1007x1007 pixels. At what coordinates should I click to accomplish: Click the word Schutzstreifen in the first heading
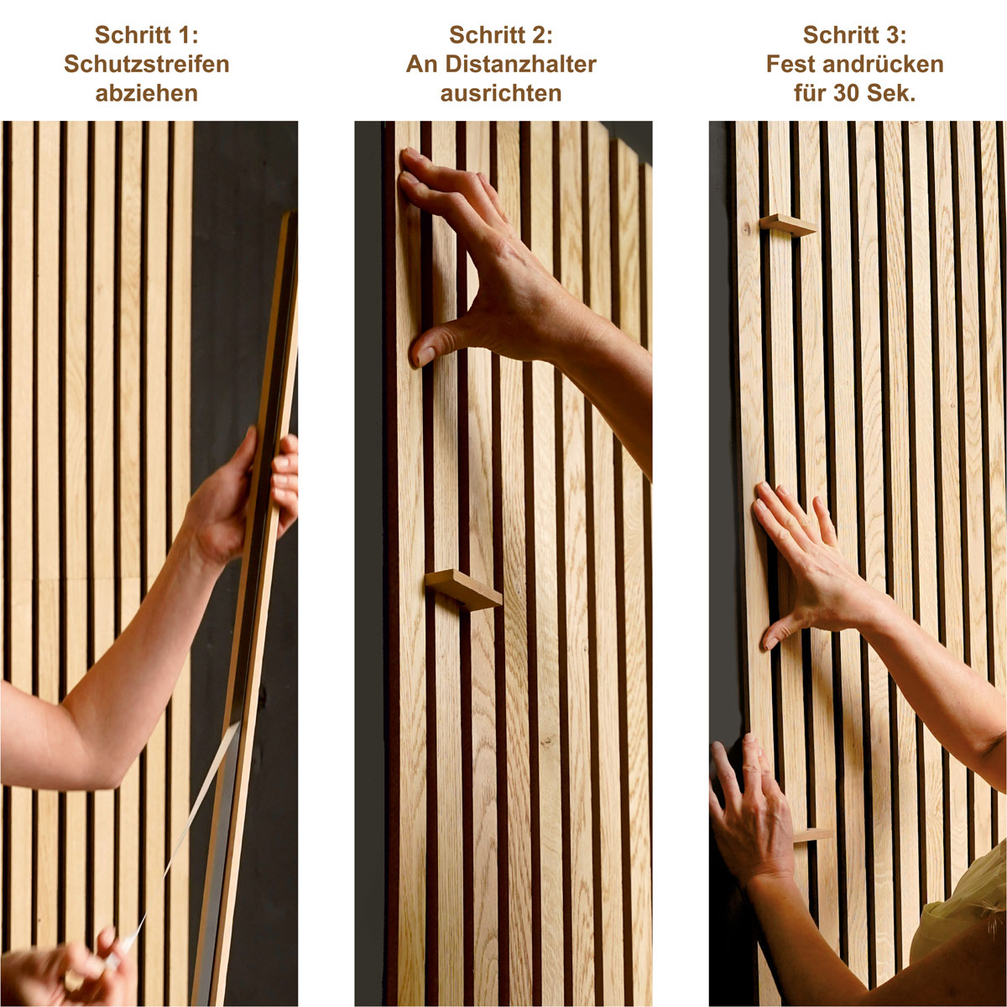[x=146, y=65]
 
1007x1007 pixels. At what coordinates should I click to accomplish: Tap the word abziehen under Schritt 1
[x=146, y=93]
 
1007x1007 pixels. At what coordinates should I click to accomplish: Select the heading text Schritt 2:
[x=501, y=35]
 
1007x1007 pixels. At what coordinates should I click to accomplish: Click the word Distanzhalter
[x=520, y=65]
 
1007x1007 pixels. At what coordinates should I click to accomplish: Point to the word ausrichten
[x=501, y=93]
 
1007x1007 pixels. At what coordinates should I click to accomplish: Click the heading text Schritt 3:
[x=854, y=35]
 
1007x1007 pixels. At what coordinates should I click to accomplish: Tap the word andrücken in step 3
[x=883, y=65]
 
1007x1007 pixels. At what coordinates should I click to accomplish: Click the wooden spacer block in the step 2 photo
[x=463, y=590]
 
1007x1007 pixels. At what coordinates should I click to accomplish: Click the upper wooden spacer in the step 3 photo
[x=788, y=225]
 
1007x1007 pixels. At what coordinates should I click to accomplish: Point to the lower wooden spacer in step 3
[x=812, y=835]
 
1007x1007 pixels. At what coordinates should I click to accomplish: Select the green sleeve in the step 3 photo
[x=962, y=905]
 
